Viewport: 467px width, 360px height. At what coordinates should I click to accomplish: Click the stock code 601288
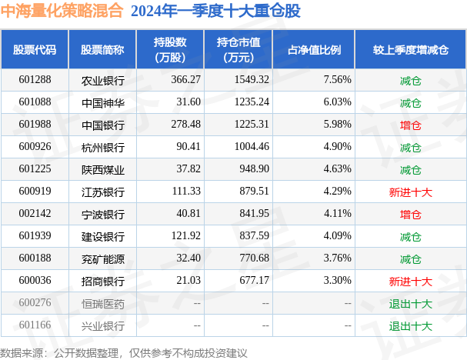(35, 79)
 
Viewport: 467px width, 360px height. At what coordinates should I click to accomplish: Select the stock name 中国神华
(102, 102)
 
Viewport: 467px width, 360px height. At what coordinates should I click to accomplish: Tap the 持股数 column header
(170, 49)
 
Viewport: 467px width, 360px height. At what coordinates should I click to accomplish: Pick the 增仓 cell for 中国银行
(410, 125)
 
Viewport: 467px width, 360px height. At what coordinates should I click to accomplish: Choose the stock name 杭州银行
(102, 147)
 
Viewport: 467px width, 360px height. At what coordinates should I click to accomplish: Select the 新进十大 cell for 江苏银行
(410, 192)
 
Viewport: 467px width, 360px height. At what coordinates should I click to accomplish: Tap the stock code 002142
(35, 214)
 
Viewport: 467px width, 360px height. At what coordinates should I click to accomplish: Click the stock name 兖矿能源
(102, 258)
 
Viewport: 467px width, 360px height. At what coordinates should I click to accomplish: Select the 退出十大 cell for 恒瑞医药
(410, 303)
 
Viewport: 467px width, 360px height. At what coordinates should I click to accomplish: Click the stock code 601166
(35, 325)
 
